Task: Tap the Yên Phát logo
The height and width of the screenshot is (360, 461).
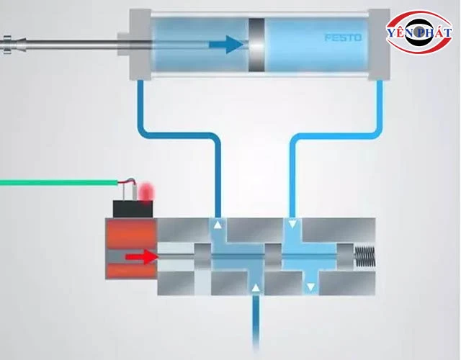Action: click(419, 32)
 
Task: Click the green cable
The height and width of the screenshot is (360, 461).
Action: click(58, 182)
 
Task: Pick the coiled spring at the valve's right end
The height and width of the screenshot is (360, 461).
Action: click(364, 255)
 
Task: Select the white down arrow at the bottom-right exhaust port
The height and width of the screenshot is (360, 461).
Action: click(310, 288)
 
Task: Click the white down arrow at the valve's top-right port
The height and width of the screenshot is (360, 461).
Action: click(292, 226)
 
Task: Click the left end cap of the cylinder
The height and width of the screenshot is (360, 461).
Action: click(138, 45)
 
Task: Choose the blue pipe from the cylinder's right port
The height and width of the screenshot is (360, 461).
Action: click(339, 133)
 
